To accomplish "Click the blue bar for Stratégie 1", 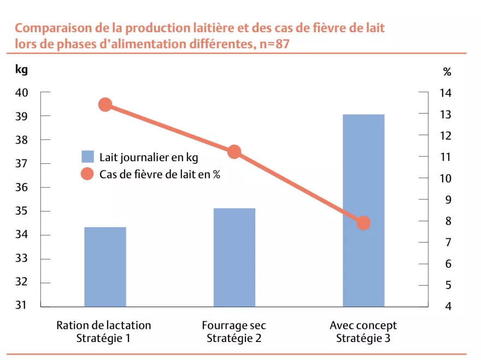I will (105, 267).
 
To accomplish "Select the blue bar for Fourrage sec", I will (234, 257).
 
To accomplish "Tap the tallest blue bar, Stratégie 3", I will (363, 210).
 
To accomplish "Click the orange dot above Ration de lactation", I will (105, 105).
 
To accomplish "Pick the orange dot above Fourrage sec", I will (234, 152).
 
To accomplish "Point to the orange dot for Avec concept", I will (363, 223).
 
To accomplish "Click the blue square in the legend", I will (87, 157).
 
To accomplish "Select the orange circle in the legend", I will (87, 174).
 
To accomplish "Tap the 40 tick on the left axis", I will (22, 92).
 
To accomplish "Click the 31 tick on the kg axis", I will (22, 306).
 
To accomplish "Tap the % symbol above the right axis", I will (447, 72).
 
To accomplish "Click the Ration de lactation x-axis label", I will (104, 326).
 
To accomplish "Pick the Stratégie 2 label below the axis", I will (234, 338).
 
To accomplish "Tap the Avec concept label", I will (363, 326).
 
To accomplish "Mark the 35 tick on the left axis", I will (22, 211).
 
